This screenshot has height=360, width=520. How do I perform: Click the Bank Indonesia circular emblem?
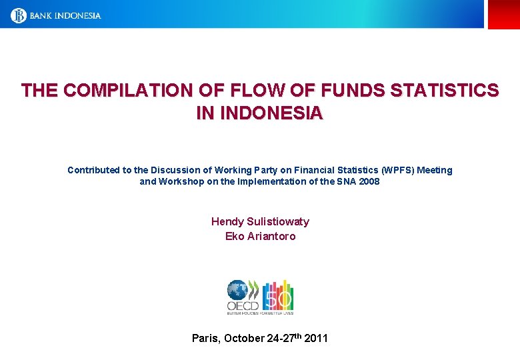coord(19,15)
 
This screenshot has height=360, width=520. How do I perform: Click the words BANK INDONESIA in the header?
coord(65,15)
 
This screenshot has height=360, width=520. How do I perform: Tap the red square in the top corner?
coord(503,14)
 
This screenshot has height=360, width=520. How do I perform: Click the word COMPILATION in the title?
coord(134,91)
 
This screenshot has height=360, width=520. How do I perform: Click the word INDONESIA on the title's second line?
coord(271,113)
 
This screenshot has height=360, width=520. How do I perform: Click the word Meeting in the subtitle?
coord(435,170)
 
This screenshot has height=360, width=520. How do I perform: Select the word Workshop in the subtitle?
coord(179,181)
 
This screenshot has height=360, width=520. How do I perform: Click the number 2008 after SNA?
coord(369,181)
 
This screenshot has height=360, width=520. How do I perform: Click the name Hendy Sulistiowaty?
coord(260,221)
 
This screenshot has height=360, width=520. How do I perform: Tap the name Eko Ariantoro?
coord(260,236)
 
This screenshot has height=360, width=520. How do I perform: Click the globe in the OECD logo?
coord(237,290)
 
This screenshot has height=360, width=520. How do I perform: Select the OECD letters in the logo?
coord(243,306)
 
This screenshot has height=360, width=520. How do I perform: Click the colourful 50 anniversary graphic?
coord(279,296)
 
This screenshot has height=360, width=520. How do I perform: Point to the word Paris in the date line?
coord(205,338)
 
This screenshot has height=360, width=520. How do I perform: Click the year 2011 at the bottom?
coord(315,338)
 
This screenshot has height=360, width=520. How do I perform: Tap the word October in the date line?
coord(243,338)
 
